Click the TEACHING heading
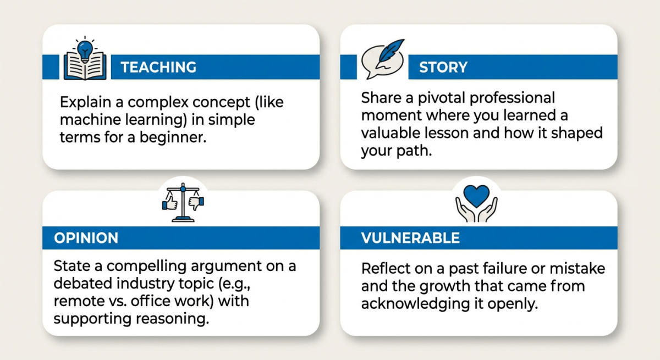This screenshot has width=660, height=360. coord(158,67)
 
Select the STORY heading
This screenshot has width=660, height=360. coord(443,67)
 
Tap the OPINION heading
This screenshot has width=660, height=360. coord(86,238)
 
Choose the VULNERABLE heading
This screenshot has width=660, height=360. coord(410,238)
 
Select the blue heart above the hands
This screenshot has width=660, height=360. coord(476,195)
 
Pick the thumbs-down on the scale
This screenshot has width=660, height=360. coord(196,204)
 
